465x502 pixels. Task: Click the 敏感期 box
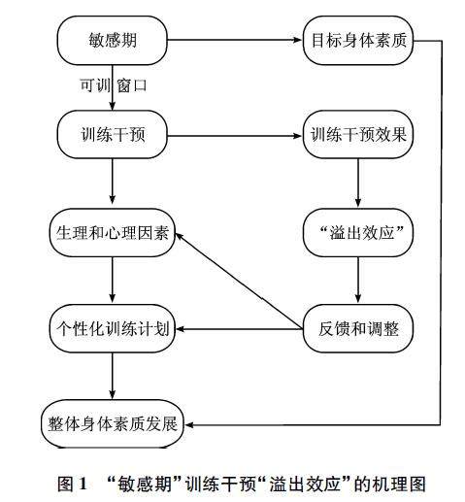[113, 41]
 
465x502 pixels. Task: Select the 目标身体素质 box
[358, 41]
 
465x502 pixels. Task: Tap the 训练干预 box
[113, 134]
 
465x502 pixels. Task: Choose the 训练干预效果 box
[358, 134]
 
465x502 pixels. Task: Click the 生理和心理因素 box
[113, 233]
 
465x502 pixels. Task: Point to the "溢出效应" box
[358, 233]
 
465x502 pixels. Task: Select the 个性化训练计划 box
[113, 328]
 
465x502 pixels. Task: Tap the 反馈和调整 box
[358, 328]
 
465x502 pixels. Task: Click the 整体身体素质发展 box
[113, 423]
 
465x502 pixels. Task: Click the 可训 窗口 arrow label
[114, 85]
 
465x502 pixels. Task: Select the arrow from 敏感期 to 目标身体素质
[235, 40]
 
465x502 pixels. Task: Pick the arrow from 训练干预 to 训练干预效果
[235, 136]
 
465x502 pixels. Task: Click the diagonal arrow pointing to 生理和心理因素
[239, 281]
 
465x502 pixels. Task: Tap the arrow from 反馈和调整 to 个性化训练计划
[239, 329]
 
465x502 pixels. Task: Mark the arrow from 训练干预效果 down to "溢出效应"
[358, 183]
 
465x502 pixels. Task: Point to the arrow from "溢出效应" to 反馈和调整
[358, 280]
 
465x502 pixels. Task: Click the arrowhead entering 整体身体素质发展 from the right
[188, 424]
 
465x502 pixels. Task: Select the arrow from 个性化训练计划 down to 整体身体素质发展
[113, 376]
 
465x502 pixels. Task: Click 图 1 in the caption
[73, 484]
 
